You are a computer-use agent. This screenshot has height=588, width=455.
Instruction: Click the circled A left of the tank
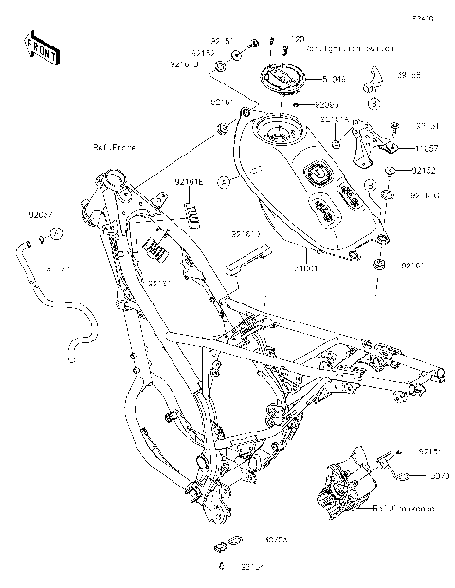[224, 179]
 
